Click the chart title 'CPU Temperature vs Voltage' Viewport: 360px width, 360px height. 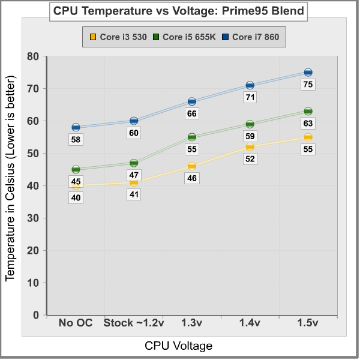point(178,11)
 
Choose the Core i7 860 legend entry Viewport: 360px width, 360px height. point(254,37)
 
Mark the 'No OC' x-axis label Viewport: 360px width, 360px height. point(76,323)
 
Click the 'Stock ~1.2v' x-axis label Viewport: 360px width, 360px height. point(134,323)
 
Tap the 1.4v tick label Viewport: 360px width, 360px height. point(250,323)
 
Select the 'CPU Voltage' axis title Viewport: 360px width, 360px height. point(178,346)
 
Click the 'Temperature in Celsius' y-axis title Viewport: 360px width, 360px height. point(10,178)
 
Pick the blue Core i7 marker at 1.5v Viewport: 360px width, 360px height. point(308,73)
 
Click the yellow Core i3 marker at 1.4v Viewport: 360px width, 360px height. point(250,146)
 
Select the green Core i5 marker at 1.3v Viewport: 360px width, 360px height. point(192,137)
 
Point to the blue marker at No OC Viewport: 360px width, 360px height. point(76,127)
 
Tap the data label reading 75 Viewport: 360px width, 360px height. point(308,85)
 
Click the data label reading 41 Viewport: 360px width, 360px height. point(134,194)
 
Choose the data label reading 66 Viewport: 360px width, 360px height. point(192,113)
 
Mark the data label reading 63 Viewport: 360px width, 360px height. point(308,124)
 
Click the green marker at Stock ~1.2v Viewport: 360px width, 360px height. point(134,163)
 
